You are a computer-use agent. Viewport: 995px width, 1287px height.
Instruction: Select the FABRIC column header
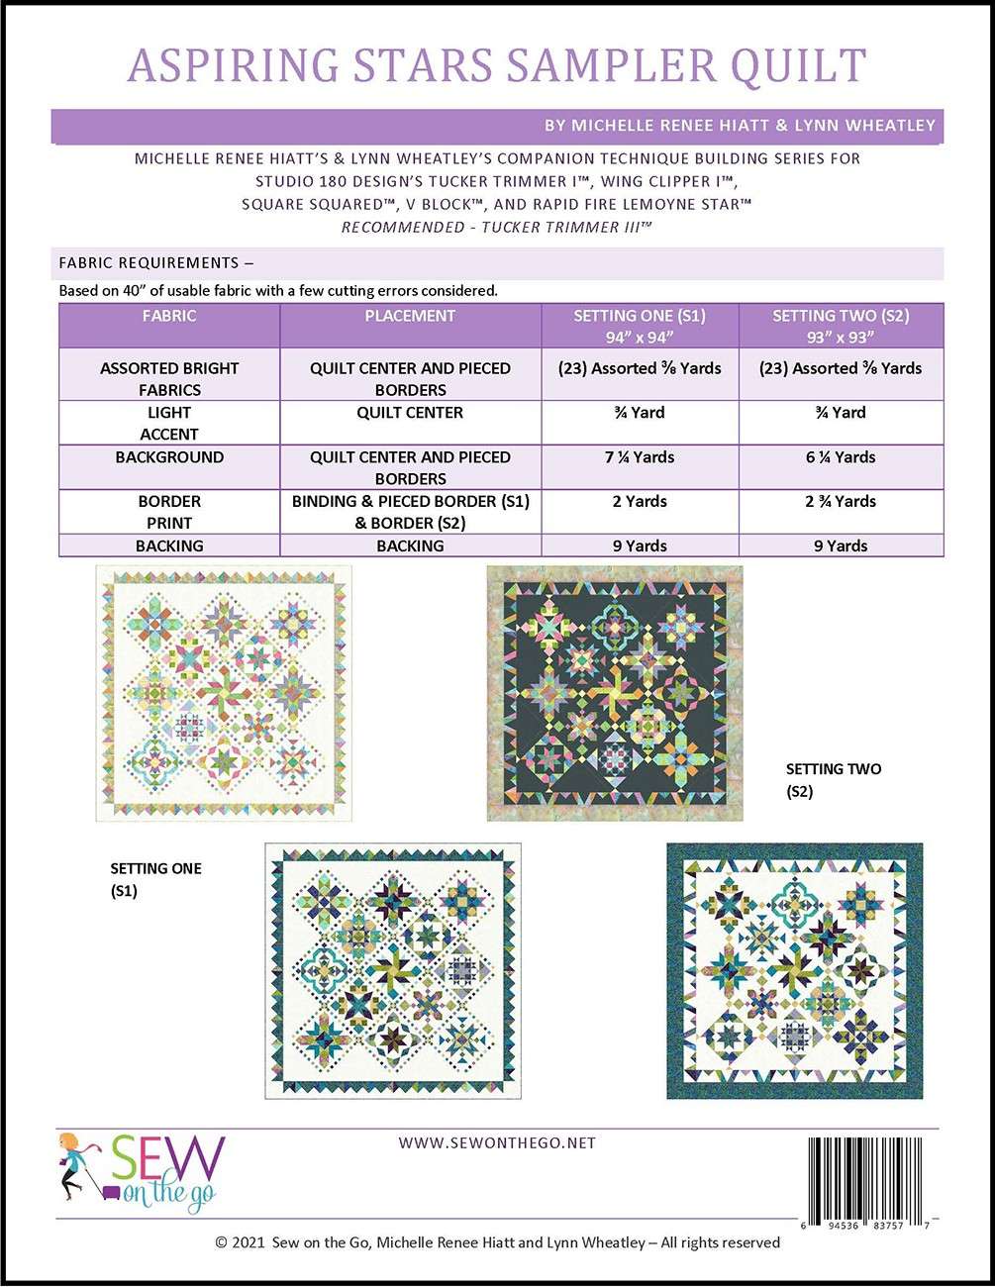point(169,316)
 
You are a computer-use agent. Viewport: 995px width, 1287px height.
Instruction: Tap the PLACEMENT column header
point(410,316)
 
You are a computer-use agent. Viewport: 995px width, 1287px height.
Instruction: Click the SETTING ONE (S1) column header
point(640,326)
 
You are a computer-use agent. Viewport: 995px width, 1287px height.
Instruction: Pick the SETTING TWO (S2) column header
point(841,326)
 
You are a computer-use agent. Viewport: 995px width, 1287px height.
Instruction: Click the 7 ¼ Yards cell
point(640,457)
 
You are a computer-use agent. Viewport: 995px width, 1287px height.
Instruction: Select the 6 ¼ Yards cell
point(841,457)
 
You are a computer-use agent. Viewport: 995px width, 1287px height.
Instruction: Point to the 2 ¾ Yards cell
point(841,501)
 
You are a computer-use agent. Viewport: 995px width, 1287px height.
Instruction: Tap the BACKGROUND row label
point(169,457)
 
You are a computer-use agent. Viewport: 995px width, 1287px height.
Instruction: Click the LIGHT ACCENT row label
point(169,423)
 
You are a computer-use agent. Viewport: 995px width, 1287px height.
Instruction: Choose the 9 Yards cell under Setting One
point(640,545)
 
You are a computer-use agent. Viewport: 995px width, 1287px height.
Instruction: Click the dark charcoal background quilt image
point(615,693)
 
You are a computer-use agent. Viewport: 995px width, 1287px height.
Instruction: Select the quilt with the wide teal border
point(794,970)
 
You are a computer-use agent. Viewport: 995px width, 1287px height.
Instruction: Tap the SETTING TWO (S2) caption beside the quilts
point(833,780)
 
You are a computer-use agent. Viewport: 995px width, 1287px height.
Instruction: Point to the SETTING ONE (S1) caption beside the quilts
point(155,879)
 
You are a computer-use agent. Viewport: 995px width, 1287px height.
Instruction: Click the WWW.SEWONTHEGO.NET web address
point(497,1142)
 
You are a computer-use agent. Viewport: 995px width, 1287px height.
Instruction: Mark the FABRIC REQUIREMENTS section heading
point(156,263)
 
